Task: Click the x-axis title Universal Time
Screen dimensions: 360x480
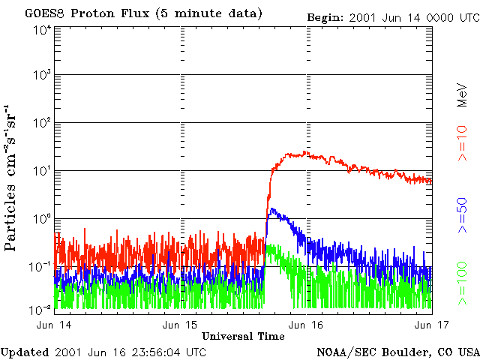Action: [243, 336]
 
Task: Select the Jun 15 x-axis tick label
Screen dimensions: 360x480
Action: [180, 325]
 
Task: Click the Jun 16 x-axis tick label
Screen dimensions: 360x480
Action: [305, 325]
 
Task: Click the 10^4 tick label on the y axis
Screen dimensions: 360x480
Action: [41, 31]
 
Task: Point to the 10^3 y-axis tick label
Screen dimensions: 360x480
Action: [41, 76]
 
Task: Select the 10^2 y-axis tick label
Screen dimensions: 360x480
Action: [41, 123]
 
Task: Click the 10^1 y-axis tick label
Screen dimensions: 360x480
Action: [41, 171]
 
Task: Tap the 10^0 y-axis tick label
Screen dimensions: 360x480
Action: [41, 219]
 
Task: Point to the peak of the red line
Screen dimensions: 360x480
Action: [299, 151]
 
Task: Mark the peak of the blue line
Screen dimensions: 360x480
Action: [272, 209]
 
